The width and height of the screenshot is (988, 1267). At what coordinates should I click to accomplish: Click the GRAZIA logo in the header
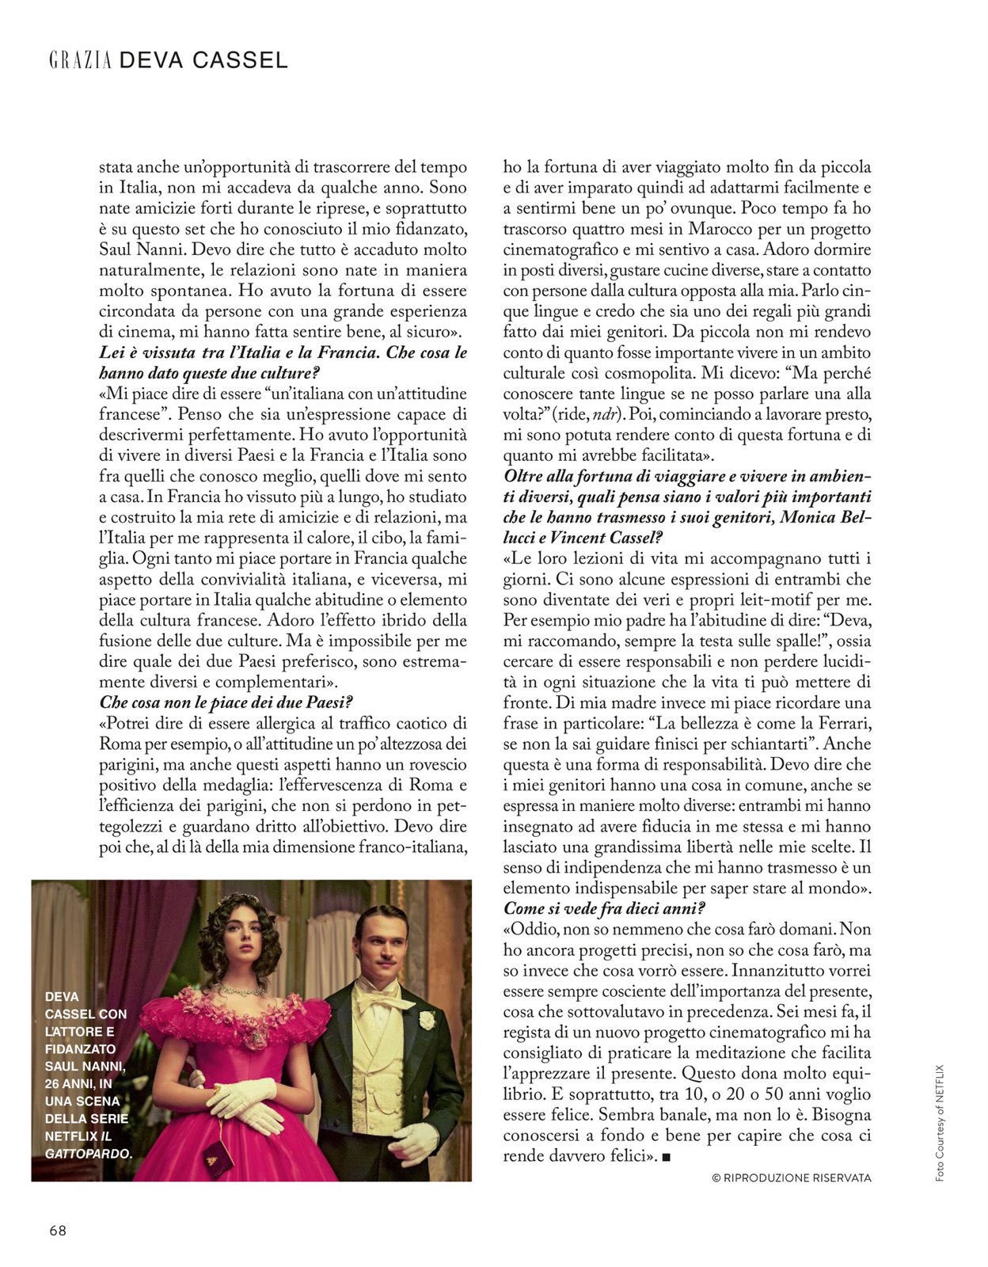(x=80, y=60)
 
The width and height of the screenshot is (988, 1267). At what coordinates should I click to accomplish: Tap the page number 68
(x=58, y=1231)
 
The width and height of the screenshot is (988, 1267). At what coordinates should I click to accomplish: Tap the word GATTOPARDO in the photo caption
(x=87, y=1154)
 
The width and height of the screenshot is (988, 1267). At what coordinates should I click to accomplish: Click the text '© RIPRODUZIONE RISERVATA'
(x=792, y=1178)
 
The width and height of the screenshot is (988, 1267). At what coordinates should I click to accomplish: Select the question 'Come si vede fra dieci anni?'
(x=604, y=908)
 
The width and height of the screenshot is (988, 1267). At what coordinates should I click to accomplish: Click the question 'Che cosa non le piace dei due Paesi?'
(x=226, y=702)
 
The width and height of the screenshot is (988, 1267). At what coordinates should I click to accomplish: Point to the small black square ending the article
(x=666, y=1158)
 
